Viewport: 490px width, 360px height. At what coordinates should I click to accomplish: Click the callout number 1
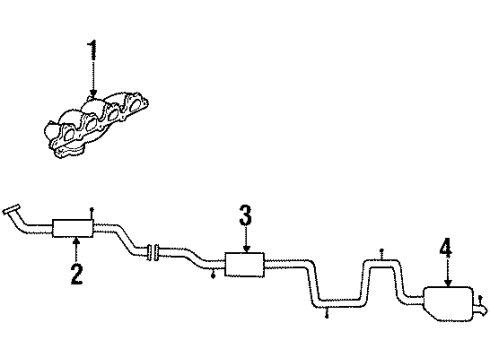[93, 50]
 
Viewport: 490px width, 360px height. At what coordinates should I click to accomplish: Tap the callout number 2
[77, 274]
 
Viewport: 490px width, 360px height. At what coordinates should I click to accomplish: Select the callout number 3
[245, 215]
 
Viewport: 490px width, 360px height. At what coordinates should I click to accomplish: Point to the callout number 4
[446, 248]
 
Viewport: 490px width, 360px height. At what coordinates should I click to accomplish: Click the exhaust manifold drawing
[96, 126]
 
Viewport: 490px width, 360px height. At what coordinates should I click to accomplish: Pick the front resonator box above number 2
[73, 228]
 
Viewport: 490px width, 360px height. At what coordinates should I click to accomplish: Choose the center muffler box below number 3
[245, 264]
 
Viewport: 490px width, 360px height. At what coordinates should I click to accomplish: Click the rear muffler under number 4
[448, 303]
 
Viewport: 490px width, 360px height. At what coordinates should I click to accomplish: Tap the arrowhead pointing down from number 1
[93, 93]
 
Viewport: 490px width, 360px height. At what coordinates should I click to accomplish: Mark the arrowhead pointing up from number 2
[77, 240]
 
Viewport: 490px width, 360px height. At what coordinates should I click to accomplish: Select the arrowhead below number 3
[246, 249]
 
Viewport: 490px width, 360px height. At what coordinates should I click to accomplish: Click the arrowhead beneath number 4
[448, 283]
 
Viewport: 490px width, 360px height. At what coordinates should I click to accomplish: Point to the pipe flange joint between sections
[153, 253]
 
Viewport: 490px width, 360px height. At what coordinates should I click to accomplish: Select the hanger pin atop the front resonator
[92, 213]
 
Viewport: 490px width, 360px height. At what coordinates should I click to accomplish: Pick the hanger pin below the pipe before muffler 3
[213, 274]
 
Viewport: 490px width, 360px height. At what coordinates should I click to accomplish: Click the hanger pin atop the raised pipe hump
[382, 254]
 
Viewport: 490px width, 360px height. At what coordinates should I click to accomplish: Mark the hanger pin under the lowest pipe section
[327, 313]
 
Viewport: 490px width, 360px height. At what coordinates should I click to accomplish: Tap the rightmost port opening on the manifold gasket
[135, 104]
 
